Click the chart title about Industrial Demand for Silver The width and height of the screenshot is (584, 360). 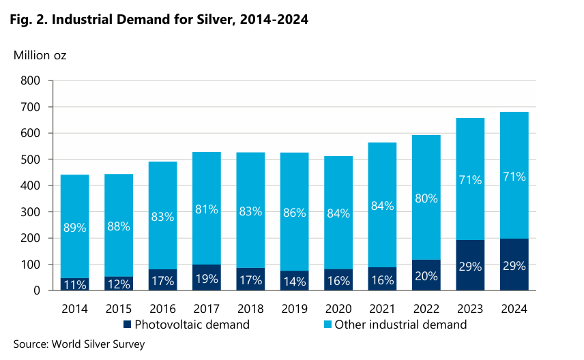(x=158, y=20)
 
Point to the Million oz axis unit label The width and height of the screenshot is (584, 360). (x=40, y=55)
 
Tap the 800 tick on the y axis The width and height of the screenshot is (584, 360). (x=31, y=81)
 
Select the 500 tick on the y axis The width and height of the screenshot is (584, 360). (x=31, y=160)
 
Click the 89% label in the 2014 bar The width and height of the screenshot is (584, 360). (x=74, y=228)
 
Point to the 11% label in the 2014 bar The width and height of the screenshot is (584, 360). (x=74, y=284)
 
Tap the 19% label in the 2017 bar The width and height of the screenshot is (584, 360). (x=206, y=278)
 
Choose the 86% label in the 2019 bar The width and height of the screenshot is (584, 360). (x=294, y=211)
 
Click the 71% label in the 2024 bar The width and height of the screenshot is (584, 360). (x=513, y=177)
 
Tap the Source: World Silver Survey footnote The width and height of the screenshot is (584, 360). (x=79, y=344)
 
